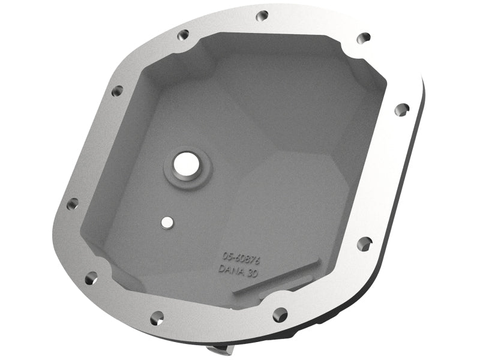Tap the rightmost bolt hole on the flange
coord(402,109)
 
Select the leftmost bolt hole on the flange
coord(72,204)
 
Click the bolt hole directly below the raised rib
coord(280,313)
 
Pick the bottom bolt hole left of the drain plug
coord(155,316)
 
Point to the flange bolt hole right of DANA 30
coord(364,243)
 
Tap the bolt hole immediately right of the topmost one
coord(363,38)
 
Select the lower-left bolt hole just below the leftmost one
coord(91,278)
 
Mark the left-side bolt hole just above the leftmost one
coord(116,91)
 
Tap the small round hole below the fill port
coord(166,221)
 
